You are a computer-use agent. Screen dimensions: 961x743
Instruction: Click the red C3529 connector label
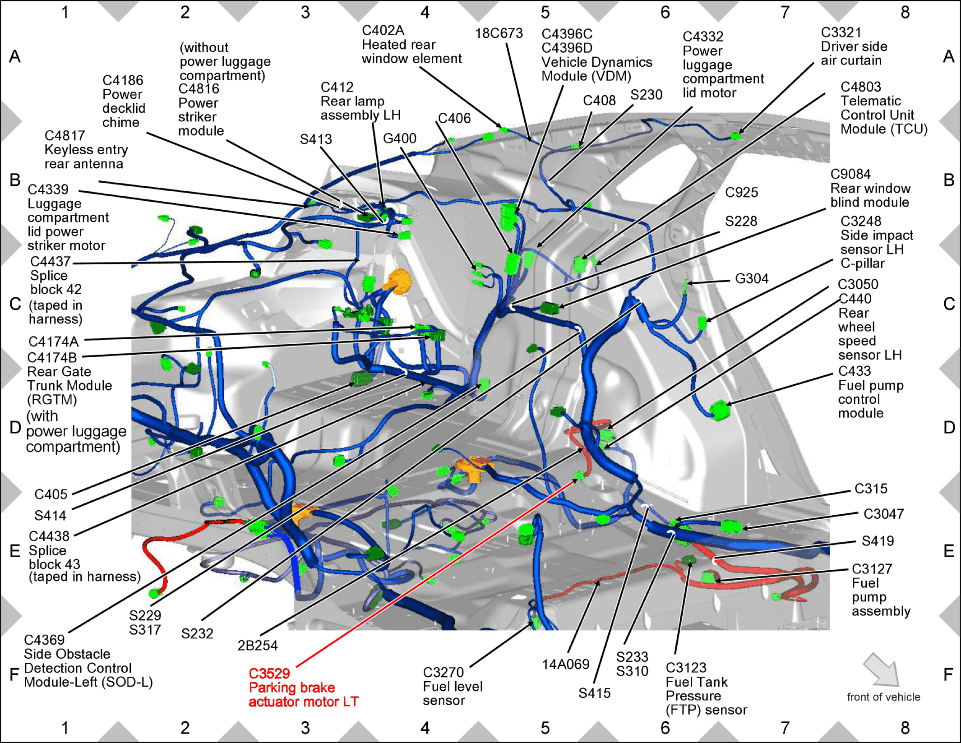click(269, 674)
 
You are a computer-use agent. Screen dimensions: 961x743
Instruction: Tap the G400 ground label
click(400, 138)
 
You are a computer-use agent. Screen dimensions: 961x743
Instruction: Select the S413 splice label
click(316, 139)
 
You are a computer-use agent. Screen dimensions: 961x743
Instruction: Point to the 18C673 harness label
click(499, 33)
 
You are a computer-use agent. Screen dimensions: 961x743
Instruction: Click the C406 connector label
click(454, 118)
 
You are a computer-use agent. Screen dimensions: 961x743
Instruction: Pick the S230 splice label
click(646, 95)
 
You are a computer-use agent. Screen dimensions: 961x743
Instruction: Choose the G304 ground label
click(752, 279)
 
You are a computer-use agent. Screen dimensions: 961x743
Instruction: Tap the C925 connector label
click(742, 193)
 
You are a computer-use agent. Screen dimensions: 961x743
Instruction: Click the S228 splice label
click(741, 221)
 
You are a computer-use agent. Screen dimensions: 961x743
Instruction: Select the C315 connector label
click(871, 489)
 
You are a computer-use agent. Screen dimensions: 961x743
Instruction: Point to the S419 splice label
click(878, 541)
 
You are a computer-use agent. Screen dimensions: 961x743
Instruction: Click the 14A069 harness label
click(566, 664)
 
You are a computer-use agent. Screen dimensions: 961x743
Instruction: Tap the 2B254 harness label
click(258, 646)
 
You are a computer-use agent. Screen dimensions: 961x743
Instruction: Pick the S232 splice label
click(197, 634)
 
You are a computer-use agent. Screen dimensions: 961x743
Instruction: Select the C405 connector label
click(51, 494)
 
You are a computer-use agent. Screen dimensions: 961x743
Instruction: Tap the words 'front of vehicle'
click(883, 697)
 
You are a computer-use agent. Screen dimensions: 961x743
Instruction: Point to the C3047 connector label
click(883, 514)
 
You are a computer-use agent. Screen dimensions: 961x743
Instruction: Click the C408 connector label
click(599, 101)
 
